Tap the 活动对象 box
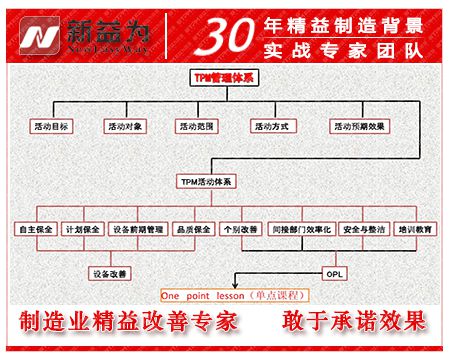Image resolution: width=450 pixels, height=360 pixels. pyautogui.click(x=125, y=127)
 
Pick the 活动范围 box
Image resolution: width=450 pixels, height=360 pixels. pyautogui.click(x=197, y=127)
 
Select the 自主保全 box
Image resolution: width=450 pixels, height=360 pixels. pyautogui.click(x=35, y=229)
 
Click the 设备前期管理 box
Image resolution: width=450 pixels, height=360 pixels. pyautogui.click(x=139, y=229)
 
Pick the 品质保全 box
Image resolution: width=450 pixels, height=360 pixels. pyautogui.click(x=193, y=229)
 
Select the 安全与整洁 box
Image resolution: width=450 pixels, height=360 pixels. pyautogui.click(x=363, y=229)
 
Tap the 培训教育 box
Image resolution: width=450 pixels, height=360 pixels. pyautogui.click(x=415, y=229)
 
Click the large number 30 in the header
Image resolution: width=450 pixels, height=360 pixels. pyautogui.click(x=206, y=34)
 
